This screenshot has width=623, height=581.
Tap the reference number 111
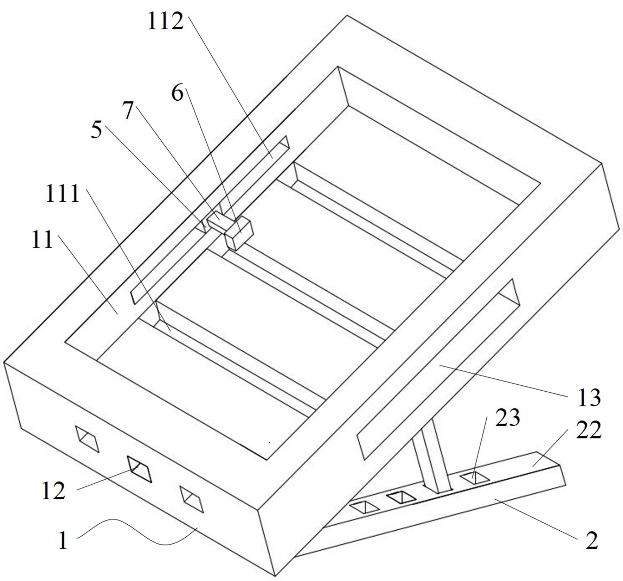[63, 194]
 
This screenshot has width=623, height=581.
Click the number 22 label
[589, 430]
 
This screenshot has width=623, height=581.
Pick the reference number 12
[53, 491]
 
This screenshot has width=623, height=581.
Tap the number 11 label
[42, 240]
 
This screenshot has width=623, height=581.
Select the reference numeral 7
[128, 110]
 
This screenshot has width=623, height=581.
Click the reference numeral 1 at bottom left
[63, 541]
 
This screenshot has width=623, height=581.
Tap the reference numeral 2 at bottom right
[592, 541]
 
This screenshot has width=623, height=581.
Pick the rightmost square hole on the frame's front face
[192, 499]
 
